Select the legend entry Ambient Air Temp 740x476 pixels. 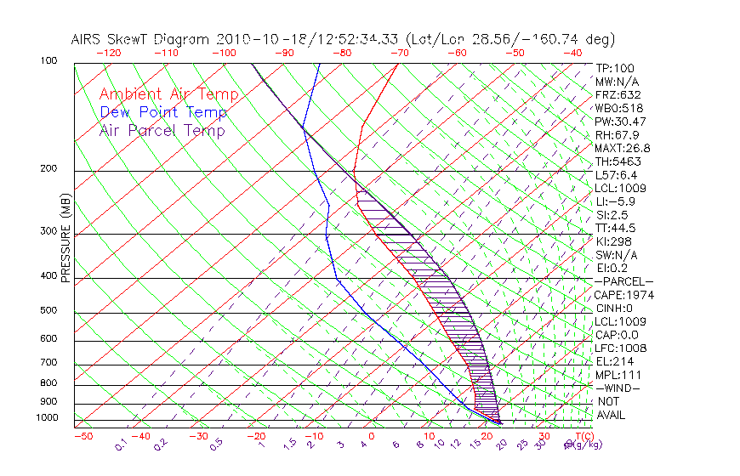[168, 94]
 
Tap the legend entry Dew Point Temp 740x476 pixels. [163, 112]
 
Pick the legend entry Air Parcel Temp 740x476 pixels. [162, 130]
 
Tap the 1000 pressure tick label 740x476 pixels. [48, 417]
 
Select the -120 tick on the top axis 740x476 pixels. [108, 53]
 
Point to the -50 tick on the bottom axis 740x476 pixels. [83, 436]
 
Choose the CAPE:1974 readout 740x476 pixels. [620, 295]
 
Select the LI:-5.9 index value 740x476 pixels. [616, 201]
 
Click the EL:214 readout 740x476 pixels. [613, 361]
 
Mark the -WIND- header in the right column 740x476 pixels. [618, 388]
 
